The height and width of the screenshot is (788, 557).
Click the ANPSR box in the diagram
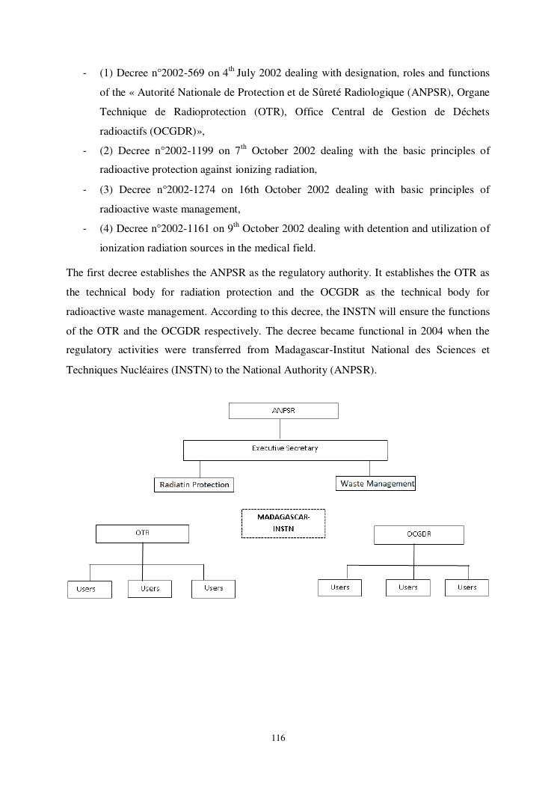283,411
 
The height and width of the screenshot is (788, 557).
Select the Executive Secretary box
285,450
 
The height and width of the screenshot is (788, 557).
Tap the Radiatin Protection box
194,485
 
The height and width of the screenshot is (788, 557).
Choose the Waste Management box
376,483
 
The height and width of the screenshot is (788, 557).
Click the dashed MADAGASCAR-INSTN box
283,523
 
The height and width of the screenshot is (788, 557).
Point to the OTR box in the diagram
142,534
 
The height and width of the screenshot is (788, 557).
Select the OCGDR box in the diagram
418,534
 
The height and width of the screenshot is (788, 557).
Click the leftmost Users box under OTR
90,589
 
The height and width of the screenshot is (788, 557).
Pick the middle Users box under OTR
150,589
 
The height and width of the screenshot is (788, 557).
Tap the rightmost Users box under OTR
213,588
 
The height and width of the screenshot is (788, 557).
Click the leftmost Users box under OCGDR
339,587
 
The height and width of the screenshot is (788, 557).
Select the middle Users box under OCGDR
407,587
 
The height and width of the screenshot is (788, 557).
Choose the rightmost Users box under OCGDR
467,587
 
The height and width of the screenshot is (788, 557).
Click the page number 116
278,739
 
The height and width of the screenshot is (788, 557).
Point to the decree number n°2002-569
179,73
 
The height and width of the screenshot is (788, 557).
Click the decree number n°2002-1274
183,190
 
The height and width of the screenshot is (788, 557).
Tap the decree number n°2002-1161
179,229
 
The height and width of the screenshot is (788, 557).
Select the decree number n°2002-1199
183,151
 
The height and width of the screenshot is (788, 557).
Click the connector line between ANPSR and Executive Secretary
280,429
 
